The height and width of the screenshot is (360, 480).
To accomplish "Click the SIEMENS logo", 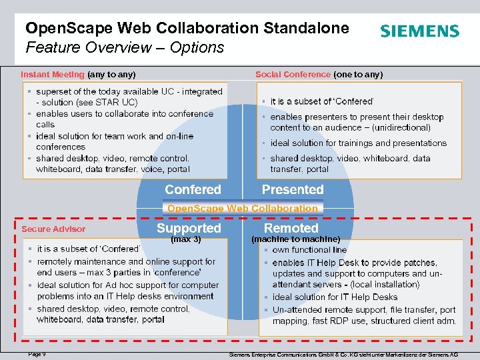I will coord(419,31).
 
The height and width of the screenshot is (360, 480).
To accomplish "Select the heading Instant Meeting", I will coord(53,75).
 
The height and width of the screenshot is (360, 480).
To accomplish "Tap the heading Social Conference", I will coord(293,75).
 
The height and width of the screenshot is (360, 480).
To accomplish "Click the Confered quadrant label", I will coord(193,189).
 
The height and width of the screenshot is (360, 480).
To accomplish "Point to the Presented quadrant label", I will coord(293,189).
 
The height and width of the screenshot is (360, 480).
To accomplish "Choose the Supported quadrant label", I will coord(189,228).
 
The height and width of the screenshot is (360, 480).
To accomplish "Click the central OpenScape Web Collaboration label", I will coord(243,208).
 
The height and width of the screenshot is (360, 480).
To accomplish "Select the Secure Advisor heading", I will coord(53,229).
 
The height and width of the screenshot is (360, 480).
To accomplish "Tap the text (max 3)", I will coord(186,239).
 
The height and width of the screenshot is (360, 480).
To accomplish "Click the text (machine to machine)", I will coord(295,239).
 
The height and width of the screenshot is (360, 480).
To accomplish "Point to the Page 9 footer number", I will coord(37,354).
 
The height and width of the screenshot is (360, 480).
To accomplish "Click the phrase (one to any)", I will coord(358,75).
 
